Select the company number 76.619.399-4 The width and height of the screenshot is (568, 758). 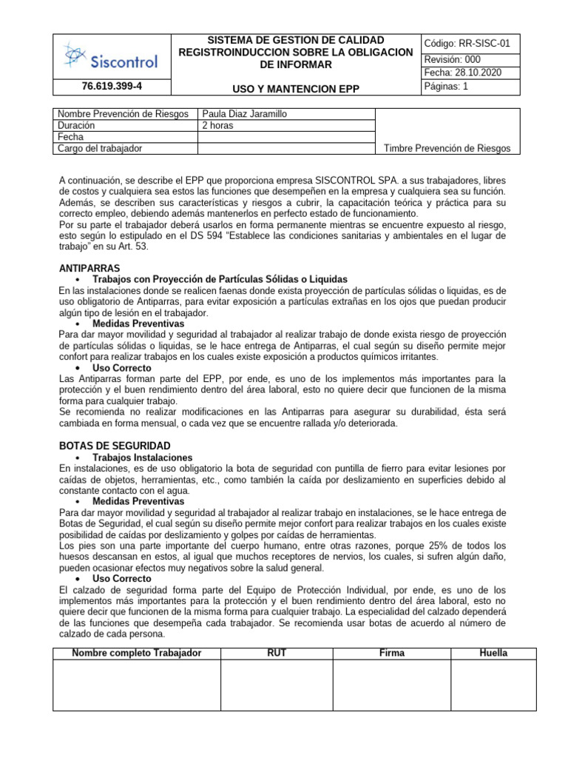112,87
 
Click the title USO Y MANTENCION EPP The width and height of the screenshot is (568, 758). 296,89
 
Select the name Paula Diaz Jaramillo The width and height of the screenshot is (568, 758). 245,114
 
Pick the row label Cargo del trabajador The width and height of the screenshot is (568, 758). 100,148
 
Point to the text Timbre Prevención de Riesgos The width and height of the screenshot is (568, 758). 447,148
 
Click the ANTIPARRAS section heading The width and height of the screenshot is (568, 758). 89,267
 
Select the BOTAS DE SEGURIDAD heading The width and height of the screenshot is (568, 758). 115,446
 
